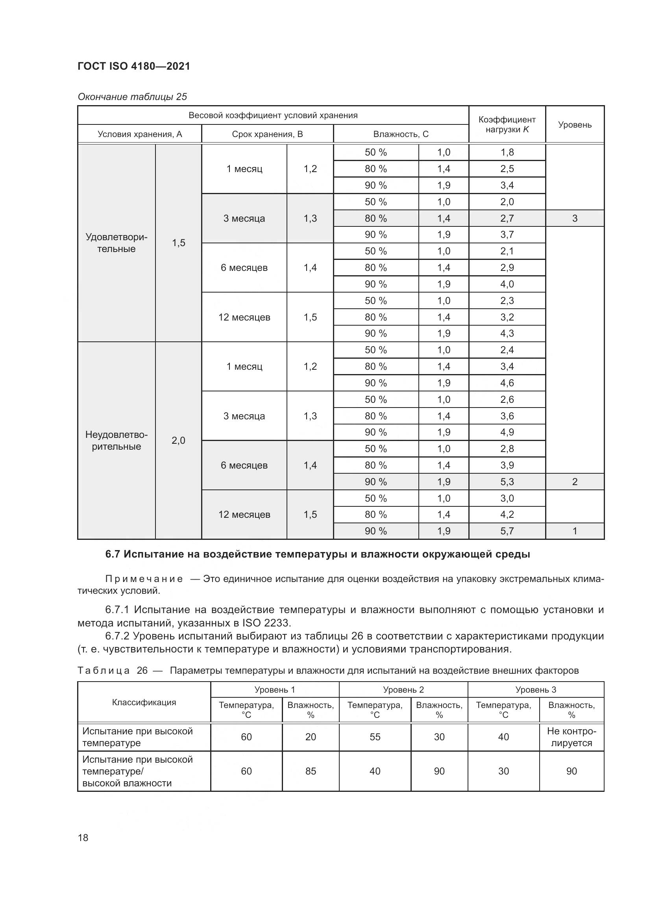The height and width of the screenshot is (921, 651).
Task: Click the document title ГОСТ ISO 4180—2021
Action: [133, 66]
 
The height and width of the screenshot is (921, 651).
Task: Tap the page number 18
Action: [83, 838]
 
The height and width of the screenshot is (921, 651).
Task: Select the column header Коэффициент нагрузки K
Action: [507, 124]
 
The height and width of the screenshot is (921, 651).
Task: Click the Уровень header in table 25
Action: [574, 125]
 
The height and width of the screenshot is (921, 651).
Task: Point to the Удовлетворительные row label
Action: [116, 243]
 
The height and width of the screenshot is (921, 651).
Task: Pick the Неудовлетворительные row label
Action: [116, 441]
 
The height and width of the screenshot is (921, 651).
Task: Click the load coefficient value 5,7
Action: [507, 531]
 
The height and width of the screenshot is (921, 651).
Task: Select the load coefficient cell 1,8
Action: [507, 152]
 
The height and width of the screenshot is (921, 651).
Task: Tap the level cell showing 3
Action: [574, 218]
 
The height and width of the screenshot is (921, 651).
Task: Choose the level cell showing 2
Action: [574, 482]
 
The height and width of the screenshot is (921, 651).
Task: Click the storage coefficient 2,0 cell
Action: [178, 441]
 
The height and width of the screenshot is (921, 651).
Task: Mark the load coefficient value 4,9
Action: [507, 432]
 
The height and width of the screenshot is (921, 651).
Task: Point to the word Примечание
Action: [144, 579]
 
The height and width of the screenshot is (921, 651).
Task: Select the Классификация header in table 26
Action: [144, 702]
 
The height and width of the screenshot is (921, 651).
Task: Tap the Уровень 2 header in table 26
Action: [403, 689]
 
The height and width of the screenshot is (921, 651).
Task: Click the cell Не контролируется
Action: [571, 737]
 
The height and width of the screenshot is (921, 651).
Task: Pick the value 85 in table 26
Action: [311, 771]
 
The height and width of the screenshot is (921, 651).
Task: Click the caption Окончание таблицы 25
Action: [132, 97]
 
